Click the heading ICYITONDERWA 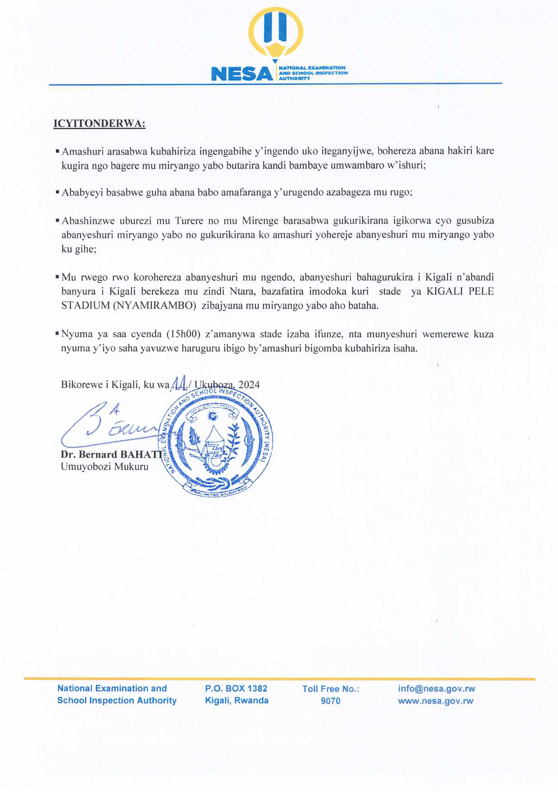coord(99,124)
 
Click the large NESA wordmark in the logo coord(242,74)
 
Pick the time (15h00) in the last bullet coord(183,334)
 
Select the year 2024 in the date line coord(249,384)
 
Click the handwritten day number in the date coord(180,383)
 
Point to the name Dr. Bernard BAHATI coord(111,455)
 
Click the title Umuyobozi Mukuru coord(105,467)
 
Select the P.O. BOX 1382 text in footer coord(236,688)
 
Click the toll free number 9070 coord(330,701)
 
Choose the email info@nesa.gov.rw coord(437,688)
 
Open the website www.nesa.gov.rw coord(436,701)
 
